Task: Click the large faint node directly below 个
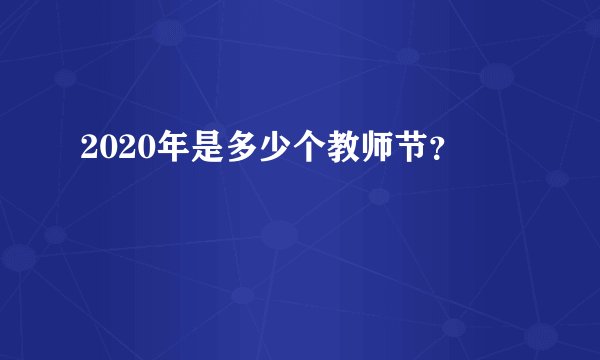point(281,236)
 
